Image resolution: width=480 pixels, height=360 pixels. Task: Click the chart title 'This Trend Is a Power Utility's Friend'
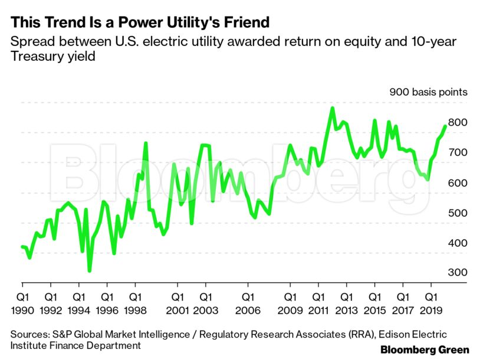[x=140, y=22]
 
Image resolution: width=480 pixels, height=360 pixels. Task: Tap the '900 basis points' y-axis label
[x=428, y=92]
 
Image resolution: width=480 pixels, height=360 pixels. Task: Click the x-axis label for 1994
[x=78, y=310]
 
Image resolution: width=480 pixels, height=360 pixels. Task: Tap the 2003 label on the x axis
[x=205, y=310]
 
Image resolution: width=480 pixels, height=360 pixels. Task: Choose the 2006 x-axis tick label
[x=248, y=310]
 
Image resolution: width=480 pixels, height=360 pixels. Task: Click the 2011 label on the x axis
[x=318, y=310]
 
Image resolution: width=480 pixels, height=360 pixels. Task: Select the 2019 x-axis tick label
[x=431, y=310]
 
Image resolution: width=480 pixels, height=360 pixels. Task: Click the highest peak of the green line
[x=332, y=108]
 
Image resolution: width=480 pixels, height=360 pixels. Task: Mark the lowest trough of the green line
[x=89, y=271]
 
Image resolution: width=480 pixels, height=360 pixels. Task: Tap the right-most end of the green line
[x=445, y=126]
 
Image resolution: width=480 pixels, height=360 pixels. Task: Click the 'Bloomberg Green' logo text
[x=425, y=350]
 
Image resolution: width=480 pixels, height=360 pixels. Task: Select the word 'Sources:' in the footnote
[x=30, y=334]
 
